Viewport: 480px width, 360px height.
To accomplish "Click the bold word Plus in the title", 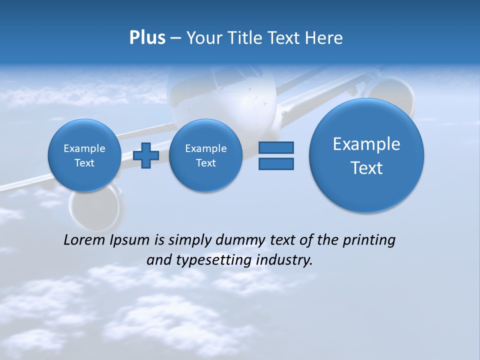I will (x=147, y=38).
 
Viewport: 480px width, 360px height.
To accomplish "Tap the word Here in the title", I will (x=324, y=38).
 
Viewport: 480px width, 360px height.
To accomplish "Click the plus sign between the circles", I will (x=146, y=155).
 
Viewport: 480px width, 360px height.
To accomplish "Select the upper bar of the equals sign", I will (x=276, y=147).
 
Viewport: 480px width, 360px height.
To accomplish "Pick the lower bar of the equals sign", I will (x=276, y=163).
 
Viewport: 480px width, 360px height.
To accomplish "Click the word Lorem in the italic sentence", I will (x=84, y=240).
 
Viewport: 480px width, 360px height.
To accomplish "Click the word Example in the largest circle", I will (x=366, y=144).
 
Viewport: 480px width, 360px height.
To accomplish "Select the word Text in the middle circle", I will (x=205, y=163).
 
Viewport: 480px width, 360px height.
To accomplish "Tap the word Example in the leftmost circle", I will (x=84, y=148).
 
